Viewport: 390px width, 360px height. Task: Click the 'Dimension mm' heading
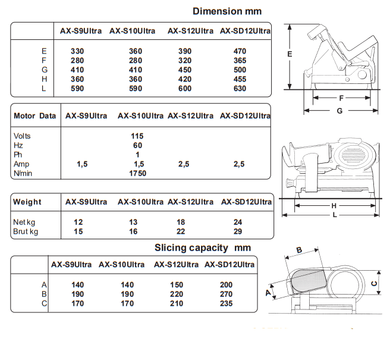[227, 11]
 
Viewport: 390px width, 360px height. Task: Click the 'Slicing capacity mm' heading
[202, 248]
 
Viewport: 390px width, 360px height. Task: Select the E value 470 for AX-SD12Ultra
[240, 51]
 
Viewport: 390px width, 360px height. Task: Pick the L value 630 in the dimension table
[240, 89]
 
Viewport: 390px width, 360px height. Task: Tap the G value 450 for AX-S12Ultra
[186, 70]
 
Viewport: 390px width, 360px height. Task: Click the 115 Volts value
[137, 136]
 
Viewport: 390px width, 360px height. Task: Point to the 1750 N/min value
[137, 174]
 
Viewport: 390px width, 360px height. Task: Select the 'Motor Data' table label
[34, 116]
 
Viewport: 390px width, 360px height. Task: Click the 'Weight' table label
[27, 202]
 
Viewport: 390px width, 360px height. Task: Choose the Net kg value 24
[239, 222]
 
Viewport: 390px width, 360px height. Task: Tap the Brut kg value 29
[239, 231]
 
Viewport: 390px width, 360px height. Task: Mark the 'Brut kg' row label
[25, 231]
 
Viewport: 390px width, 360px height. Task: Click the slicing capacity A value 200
[227, 284]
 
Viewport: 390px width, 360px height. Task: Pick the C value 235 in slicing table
[227, 303]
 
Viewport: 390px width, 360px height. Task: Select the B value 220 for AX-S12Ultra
[177, 294]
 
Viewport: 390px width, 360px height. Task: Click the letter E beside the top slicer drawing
[289, 55]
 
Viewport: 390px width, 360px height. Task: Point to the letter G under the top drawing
[339, 111]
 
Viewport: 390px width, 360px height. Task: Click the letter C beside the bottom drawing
[374, 284]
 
